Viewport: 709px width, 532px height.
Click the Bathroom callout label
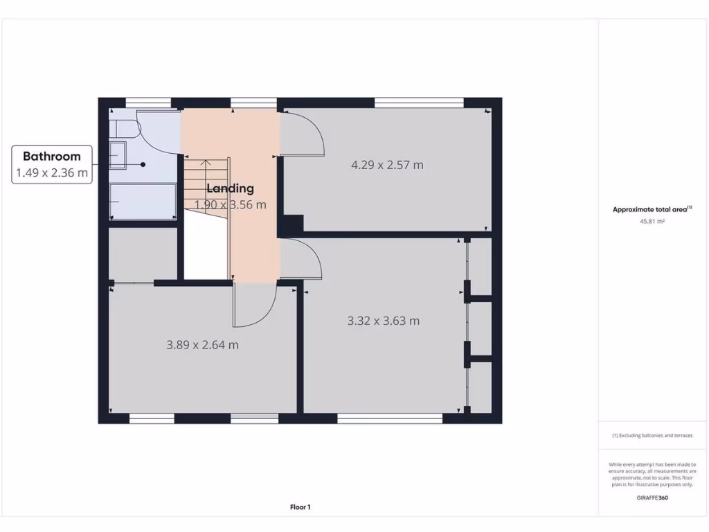[x=52, y=157]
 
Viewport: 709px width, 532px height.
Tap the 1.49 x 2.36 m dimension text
[x=52, y=172]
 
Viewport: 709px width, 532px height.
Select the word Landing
[x=231, y=188]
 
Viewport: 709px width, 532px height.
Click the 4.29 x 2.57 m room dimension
[x=387, y=165]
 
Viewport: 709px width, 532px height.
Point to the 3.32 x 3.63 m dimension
[x=383, y=321]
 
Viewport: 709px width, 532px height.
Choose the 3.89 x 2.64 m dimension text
[x=202, y=344]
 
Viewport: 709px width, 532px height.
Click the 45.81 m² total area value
[x=652, y=222]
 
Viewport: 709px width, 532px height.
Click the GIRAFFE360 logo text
[x=652, y=497]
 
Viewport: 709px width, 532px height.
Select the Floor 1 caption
[x=300, y=507]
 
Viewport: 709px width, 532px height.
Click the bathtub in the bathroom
[x=143, y=202]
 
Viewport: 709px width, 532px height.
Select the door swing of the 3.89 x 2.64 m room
[x=254, y=305]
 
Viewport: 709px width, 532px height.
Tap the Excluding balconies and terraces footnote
[x=652, y=436]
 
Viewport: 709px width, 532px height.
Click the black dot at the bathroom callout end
[x=143, y=165]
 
